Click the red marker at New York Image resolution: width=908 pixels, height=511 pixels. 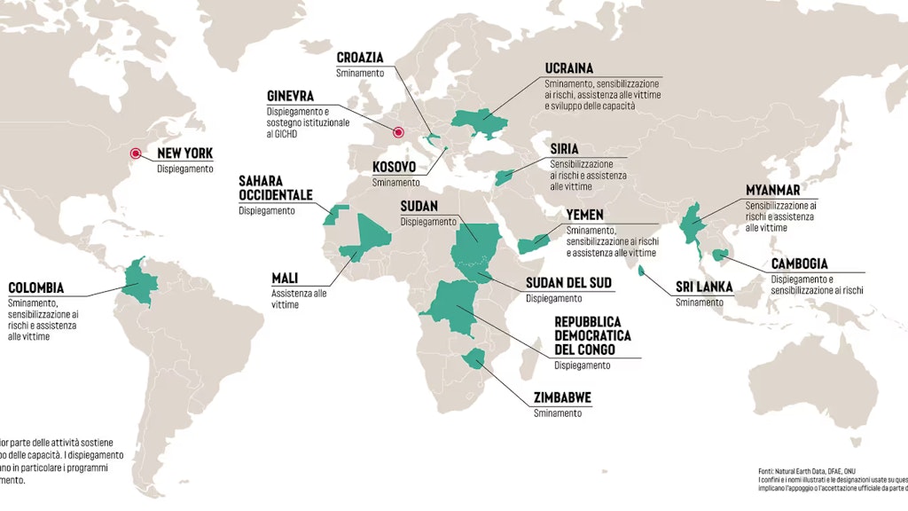tap(137, 153)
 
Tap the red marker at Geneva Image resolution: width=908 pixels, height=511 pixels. tap(398, 134)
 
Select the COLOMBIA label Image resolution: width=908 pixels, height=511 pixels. tap(36, 288)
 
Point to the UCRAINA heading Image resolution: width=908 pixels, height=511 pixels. tap(569, 68)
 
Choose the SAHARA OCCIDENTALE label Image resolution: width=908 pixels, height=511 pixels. tap(275, 187)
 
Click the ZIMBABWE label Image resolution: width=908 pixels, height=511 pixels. tap(562, 397)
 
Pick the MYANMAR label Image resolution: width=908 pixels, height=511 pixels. tap(772, 190)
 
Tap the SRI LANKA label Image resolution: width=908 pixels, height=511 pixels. tap(704, 287)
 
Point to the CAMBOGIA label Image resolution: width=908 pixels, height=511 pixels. tap(799, 263)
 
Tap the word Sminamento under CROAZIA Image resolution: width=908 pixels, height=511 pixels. tap(360, 73)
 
